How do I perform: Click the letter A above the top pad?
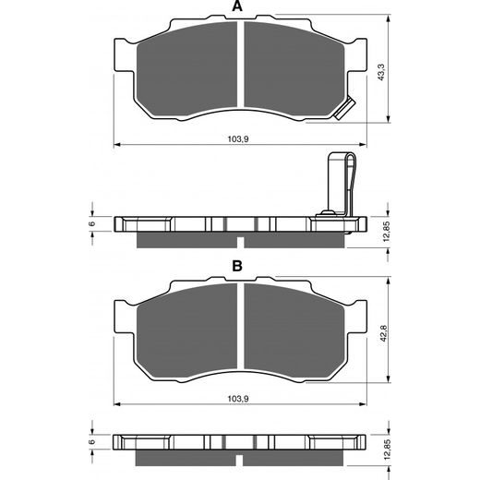237,7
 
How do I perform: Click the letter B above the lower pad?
237,266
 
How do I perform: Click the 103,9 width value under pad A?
237,138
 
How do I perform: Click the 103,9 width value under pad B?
237,398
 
